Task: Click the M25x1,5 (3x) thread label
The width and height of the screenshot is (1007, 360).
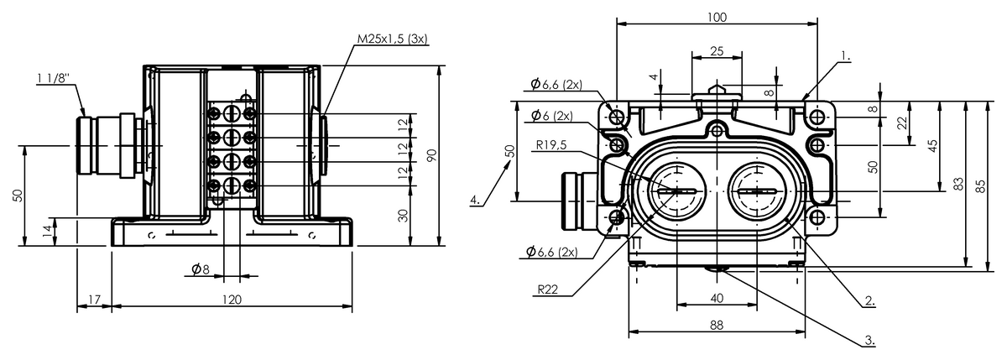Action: (392, 39)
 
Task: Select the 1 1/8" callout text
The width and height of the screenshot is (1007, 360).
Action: (54, 78)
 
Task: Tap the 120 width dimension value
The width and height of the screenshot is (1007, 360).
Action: (232, 300)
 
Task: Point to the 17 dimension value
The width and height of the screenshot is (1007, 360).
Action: (94, 300)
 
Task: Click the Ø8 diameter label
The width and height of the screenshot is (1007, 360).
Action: (201, 269)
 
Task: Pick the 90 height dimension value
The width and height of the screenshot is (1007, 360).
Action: (431, 155)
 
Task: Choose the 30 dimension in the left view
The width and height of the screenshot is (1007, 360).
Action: (404, 216)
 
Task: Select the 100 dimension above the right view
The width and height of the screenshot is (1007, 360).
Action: (717, 17)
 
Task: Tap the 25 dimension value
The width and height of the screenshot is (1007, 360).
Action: (717, 51)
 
